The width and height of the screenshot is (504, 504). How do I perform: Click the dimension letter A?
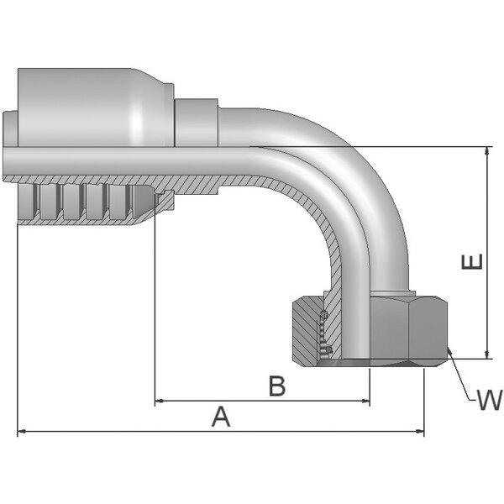pos(220,417)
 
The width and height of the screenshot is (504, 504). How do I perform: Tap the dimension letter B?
pos(277,386)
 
